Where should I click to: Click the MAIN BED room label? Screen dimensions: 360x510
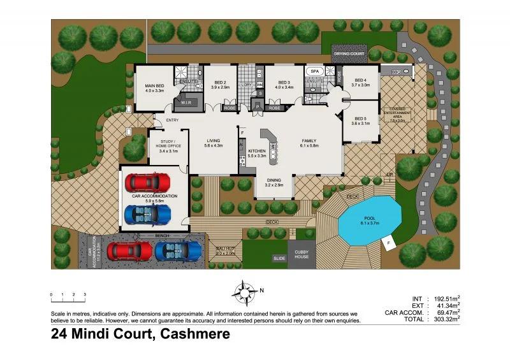click(155, 87)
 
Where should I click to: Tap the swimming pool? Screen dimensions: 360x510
click(369, 220)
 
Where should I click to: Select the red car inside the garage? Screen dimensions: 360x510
click(148, 183)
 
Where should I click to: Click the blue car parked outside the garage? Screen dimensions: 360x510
click(178, 250)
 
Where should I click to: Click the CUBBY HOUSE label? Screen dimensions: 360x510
click(301, 254)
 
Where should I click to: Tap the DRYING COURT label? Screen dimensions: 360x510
click(349, 54)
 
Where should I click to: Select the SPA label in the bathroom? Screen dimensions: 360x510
click(315, 72)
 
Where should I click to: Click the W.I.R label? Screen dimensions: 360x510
click(187, 102)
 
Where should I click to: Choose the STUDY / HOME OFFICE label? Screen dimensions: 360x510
click(169, 144)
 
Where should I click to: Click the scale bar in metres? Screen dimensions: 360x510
click(68, 300)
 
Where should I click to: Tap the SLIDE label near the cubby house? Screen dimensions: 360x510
click(279, 259)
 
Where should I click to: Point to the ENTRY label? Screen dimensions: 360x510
click(172, 120)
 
